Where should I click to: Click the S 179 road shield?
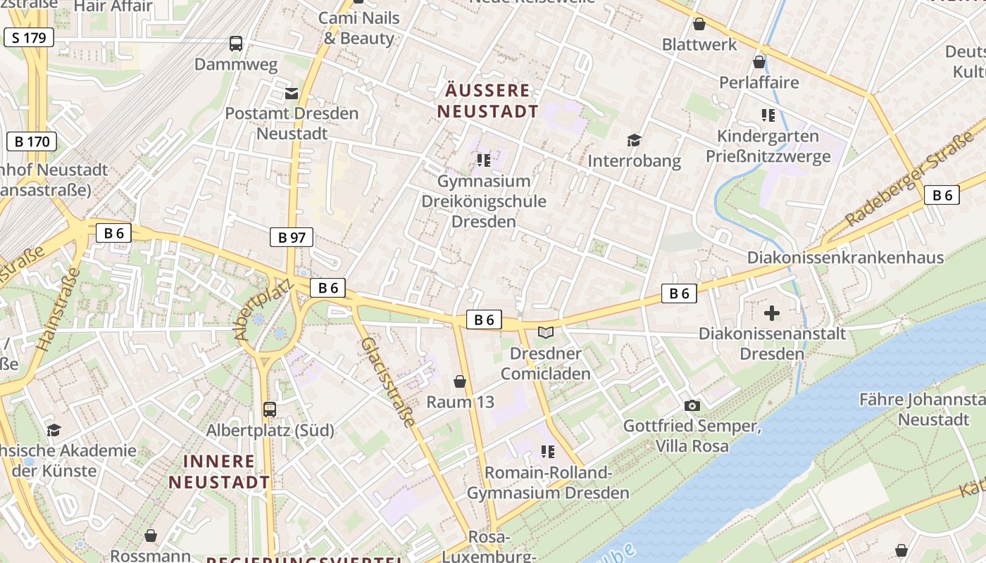[x=29, y=37]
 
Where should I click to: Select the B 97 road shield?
[x=291, y=237]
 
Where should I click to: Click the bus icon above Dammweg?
[x=236, y=44]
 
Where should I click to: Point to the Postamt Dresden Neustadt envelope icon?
[x=292, y=93]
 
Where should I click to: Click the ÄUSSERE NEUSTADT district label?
[x=487, y=101]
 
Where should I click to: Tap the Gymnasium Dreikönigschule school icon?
[x=483, y=160]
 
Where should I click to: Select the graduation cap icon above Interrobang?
[x=634, y=140]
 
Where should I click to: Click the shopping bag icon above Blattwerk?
[x=699, y=24]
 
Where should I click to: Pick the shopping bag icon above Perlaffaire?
[x=759, y=62]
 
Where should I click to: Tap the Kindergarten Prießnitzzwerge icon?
[x=768, y=115]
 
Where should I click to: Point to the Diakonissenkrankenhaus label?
[x=845, y=258]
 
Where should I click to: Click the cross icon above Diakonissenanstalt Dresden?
[x=771, y=312]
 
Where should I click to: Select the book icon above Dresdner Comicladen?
[x=546, y=332]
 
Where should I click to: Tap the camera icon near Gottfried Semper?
[x=692, y=405]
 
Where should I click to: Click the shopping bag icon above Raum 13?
[x=459, y=381]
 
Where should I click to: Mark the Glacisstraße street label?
[x=387, y=382]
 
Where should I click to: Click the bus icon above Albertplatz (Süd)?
[x=269, y=409]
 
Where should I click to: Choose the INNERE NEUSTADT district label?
[x=218, y=472]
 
